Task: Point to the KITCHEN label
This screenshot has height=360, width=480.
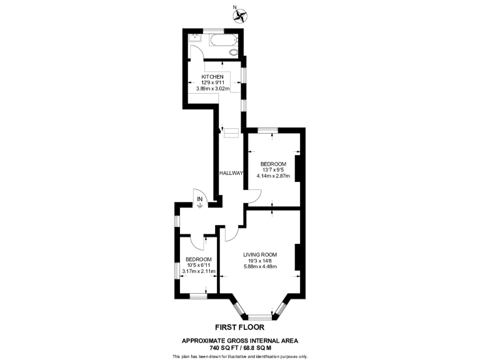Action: (x=212, y=77)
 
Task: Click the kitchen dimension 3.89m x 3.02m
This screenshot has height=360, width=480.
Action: (x=212, y=89)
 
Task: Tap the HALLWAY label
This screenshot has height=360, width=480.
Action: (x=231, y=173)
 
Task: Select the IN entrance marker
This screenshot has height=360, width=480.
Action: (x=200, y=201)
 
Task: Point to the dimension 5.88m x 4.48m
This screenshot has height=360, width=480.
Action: (x=260, y=267)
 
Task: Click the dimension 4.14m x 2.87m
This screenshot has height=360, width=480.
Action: (x=274, y=176)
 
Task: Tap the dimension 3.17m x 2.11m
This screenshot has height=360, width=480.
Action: (x=198, y=271)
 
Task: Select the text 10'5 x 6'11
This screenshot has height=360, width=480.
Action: (x=198, y=265)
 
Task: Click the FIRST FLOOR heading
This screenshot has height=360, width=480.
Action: (x=239, y=327)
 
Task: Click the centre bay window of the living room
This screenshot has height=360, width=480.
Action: (x=260, y=317)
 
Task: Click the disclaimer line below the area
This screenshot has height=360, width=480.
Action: (x=240, y=356)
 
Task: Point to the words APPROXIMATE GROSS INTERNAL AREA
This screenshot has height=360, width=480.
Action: (x=240, y=341)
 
